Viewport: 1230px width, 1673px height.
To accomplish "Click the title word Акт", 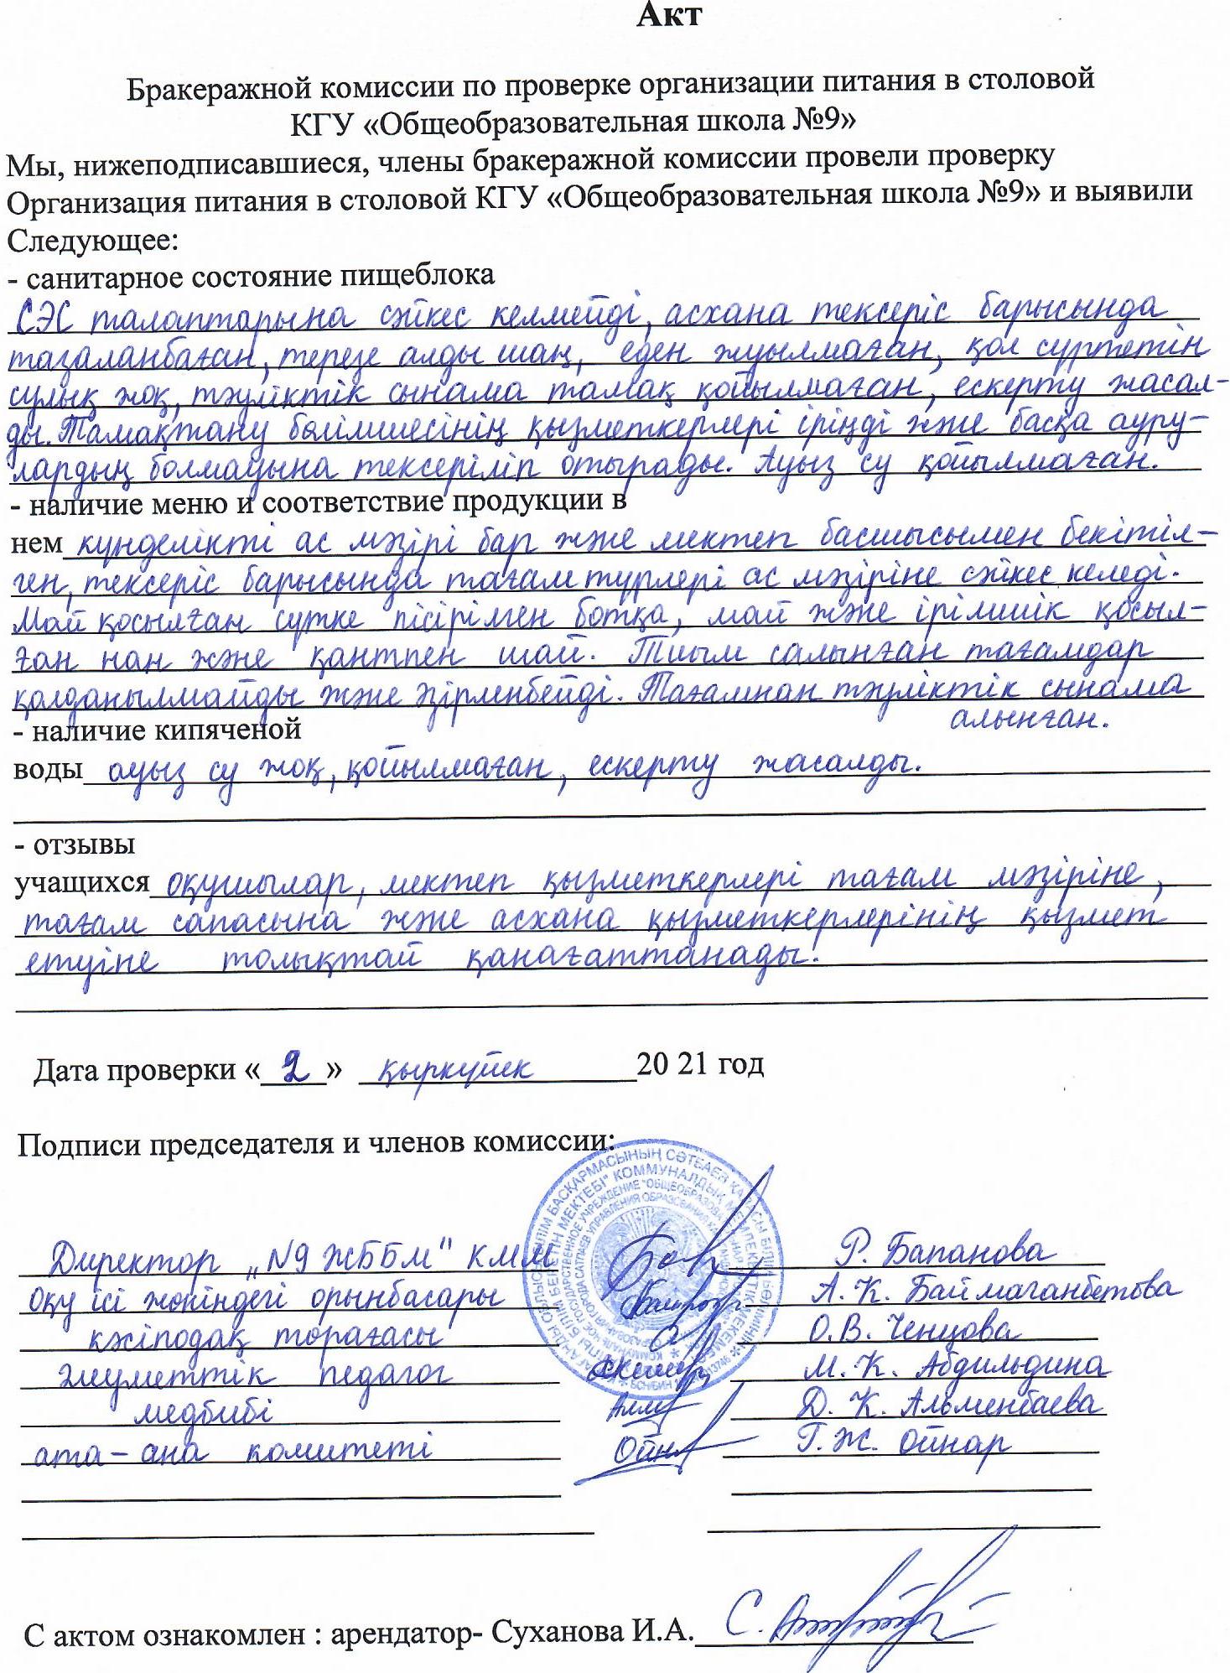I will (x=668, y=16).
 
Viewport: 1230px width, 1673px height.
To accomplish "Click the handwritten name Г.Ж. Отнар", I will (x=901, y=1443).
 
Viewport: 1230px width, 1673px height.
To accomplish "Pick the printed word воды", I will (x=47, y=769).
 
